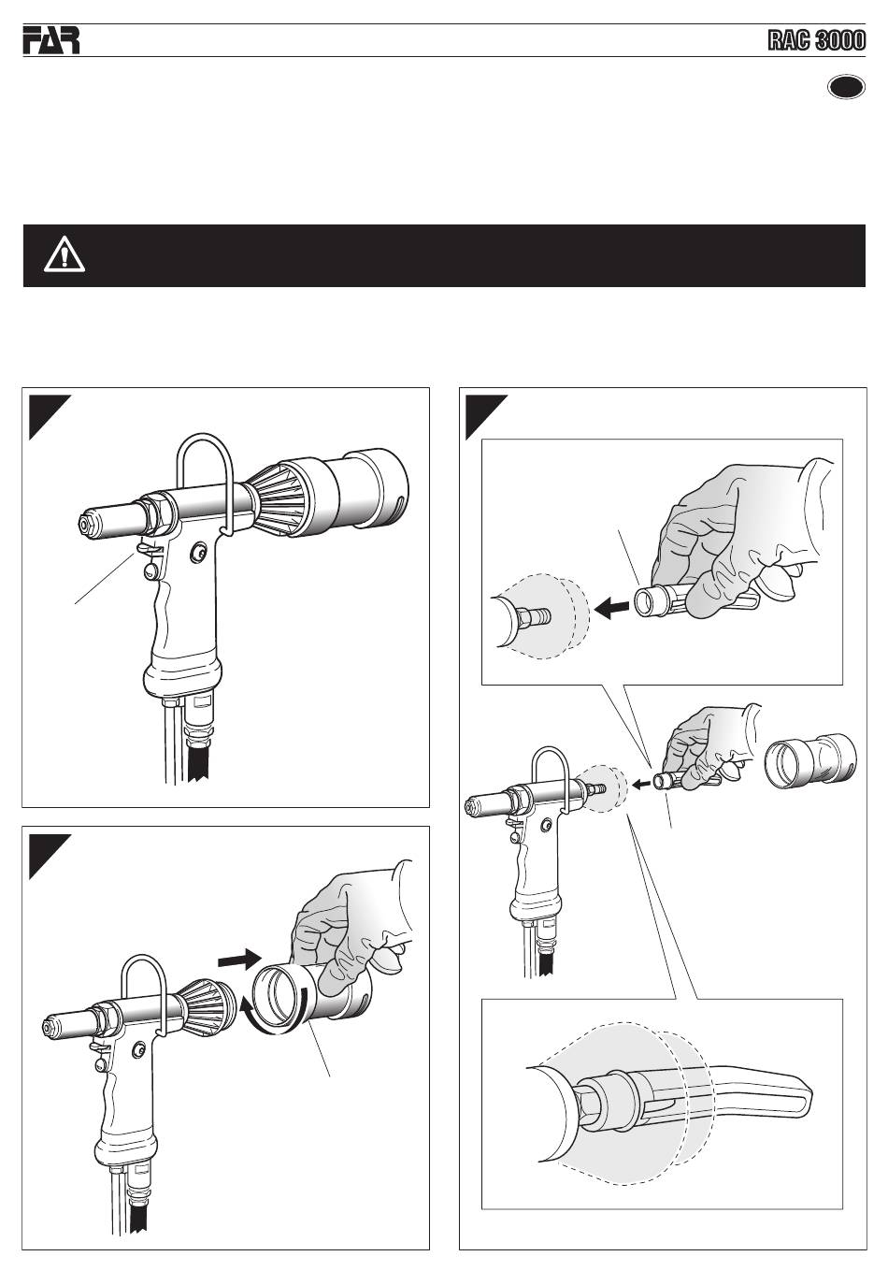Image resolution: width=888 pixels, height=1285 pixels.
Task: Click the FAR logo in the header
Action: click(51, 40)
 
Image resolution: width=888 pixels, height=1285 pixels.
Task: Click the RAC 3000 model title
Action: click(816, 41)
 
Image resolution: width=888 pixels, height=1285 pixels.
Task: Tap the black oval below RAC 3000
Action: click(846, 88)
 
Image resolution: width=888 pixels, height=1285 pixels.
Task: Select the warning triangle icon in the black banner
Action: click(64, 254)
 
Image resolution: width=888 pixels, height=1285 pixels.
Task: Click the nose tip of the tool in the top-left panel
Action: click(86, 523)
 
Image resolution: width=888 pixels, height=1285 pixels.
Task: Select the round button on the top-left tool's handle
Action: click(200, 551)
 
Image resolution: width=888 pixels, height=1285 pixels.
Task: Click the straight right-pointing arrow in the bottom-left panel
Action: click(239, 960)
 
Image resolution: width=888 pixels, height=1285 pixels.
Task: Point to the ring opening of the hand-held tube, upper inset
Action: click(648, 603)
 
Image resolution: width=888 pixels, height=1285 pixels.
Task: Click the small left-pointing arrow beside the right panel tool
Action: click(641, 783)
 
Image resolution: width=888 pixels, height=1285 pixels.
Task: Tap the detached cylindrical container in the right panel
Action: click(810, 758)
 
